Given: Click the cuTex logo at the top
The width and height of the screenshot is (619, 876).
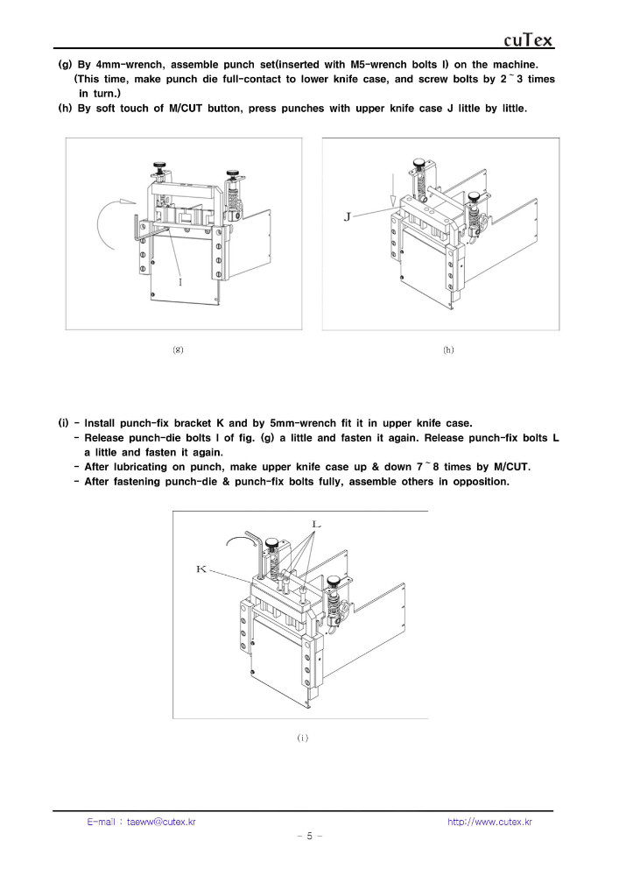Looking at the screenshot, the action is pyautogui.click(x=529, y=40).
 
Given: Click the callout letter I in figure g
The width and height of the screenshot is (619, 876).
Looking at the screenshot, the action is pyautogui.click(x=180, y=282).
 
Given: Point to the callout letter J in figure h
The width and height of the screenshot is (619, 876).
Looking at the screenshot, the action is pyautogui.click(x=348, y=216).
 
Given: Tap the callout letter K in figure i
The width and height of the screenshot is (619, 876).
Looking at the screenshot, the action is pyautogui.click(x=201, y=569).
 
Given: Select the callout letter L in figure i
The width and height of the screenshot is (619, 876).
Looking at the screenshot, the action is pyautogui.click(x=316, y=524).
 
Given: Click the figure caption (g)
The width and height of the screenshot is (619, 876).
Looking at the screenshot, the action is pyautogui.click(x=178, y=350).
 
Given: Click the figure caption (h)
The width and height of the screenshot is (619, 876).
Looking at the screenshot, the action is pyautogui.click(x=448, y=350).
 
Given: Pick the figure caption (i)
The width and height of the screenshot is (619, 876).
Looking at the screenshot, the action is pyautogui.click(x=303, y=738).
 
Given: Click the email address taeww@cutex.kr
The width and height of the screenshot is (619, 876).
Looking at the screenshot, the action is pyautogui.click(x=161, y=822).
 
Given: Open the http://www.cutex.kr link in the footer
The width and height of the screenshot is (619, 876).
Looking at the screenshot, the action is pyautogui.click(x=489, y=822).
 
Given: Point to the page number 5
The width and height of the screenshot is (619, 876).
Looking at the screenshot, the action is pyautogui.click(x=310, y=836).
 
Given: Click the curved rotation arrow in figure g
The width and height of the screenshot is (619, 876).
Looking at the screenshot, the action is pyautogui.click(x=109, y=221).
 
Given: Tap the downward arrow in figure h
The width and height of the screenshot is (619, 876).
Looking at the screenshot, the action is pyautogui.click(x=393, y=190).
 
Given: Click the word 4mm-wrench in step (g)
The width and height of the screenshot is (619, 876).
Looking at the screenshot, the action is pyautogui.click(x=130, y=65).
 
